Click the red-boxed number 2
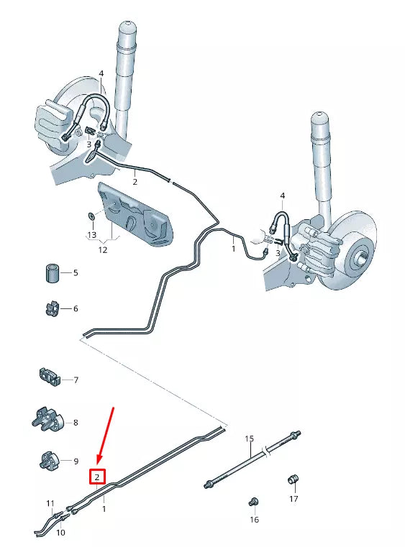click(x=98, y=476)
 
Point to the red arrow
click(x=106, y=436)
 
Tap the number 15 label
click(x=250, y=438)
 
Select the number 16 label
click(x=253, y=518)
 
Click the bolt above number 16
click(x=253, y=501)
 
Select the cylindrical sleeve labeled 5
click(x=51, y=274)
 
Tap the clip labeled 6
click(x=50, y=309)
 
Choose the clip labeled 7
click(x=48, y=377)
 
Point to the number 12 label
click(x=102, y=250)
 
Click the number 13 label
click(x=91, y=235)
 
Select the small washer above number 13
click(x=91, y=216)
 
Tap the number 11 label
click(x=50, y=503)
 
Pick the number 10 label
click(x=60, y=533)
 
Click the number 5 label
click(x=75, y=273)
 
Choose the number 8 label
click(x=76, y=423)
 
